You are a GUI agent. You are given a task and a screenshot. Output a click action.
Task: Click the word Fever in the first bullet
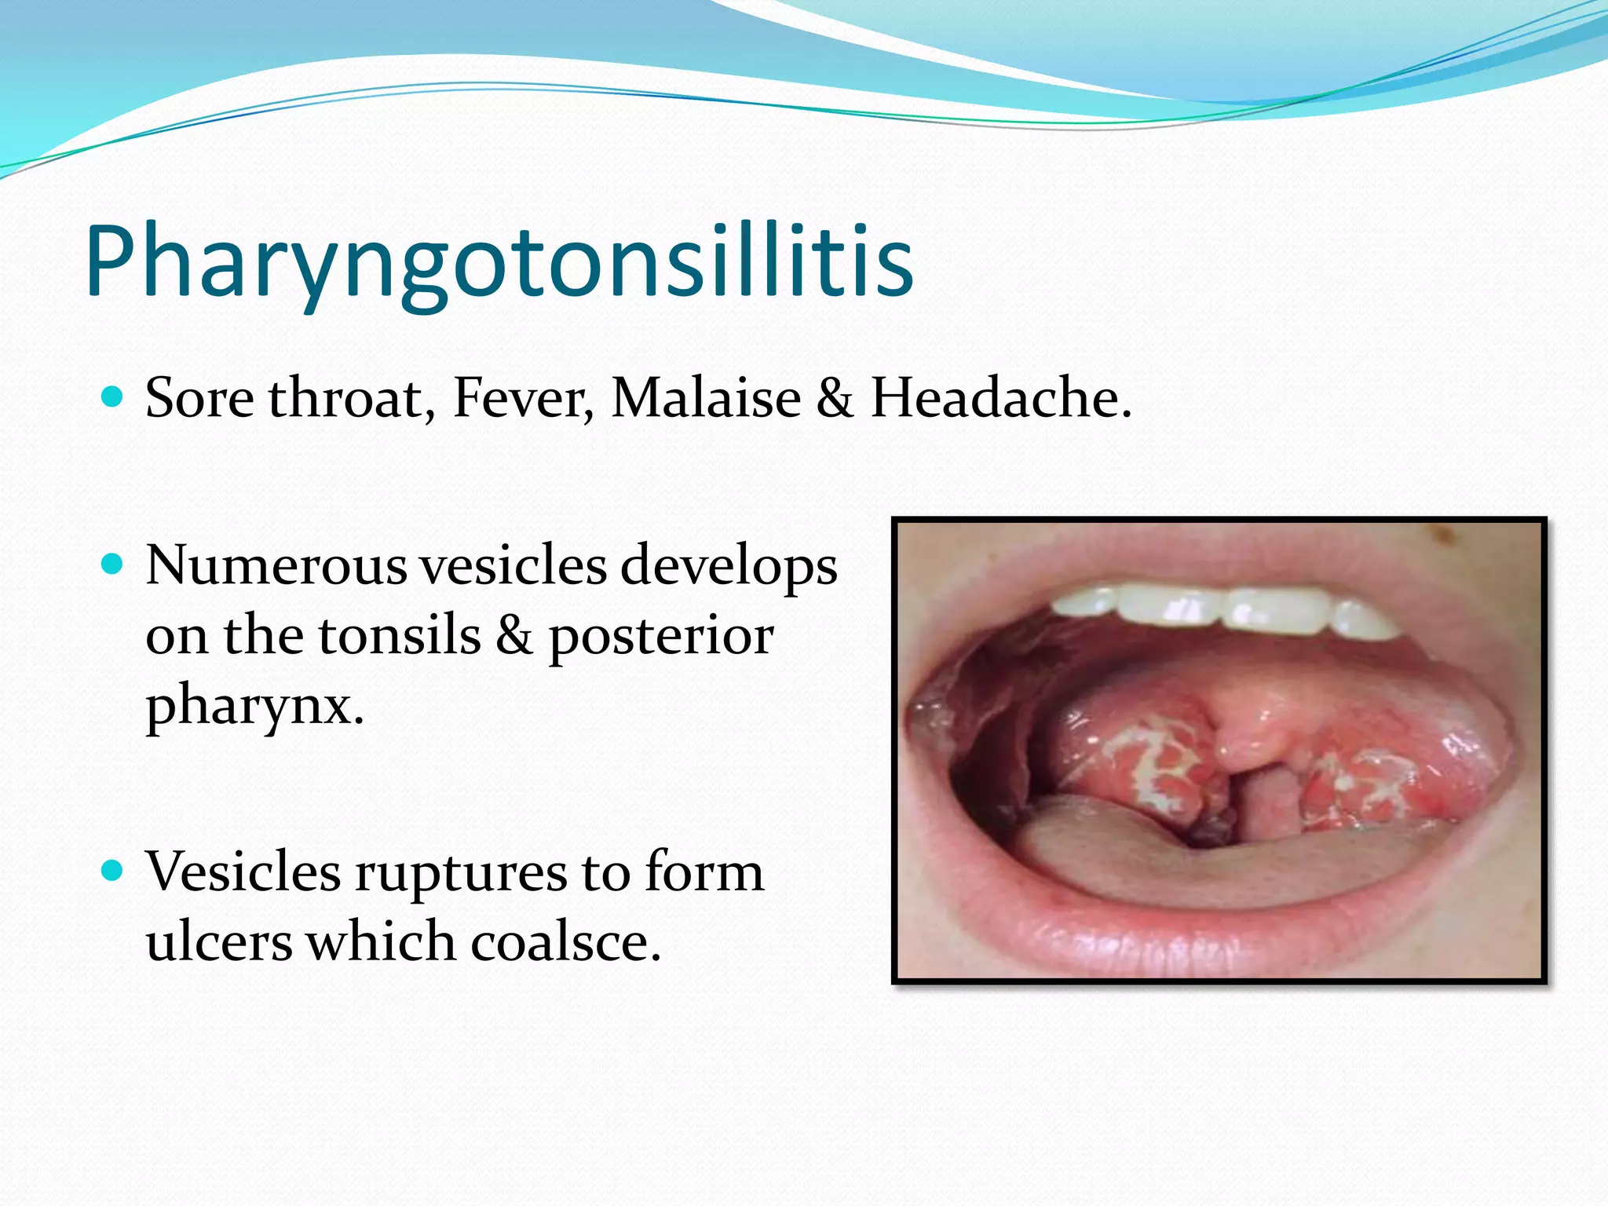pyautogui.click(x=523, y=398)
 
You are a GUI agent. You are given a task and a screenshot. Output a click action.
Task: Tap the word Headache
pyautogui.click(x=1001, y=398)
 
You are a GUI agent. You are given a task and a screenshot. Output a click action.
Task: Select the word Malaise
pyautogui.click(x=706, y=398)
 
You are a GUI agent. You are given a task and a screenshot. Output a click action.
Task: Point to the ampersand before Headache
pyautogui.click(x=835, y=398)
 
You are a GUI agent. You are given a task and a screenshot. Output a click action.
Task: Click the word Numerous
pyautogui.click(x=276, y=565)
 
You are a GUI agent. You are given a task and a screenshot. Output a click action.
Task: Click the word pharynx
pyautogui.click(x=254, y=704)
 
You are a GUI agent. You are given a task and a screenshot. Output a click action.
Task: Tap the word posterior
pyautogui.click(x=660, y=635)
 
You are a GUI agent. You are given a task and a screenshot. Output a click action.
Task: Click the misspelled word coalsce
pyautogui.click(x=565, y=941)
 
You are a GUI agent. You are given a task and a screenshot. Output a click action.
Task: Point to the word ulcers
pyautogui.click(x=219, y=941)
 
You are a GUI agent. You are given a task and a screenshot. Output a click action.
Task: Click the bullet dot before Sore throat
pyautogui.click(x=113, y=397)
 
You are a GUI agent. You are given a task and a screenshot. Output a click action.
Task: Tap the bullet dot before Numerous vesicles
pyautogui.click(x=113, y=564)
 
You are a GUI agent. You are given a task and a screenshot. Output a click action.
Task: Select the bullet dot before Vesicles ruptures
pyautogui.click(x=113, y=871)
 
